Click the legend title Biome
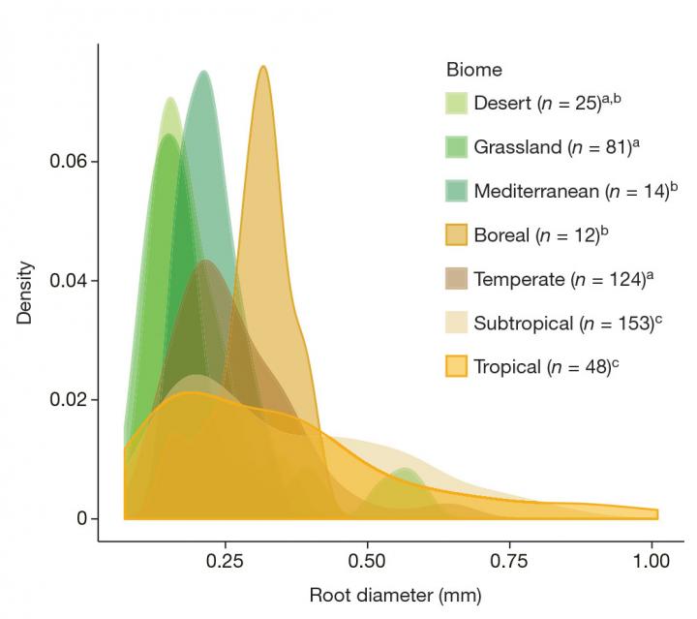(473, 71)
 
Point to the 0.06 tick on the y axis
(74, 161)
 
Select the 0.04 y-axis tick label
(74, 281)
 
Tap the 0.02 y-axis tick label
(74, 400)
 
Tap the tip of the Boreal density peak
(263, 67)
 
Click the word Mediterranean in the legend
(535, 192)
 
